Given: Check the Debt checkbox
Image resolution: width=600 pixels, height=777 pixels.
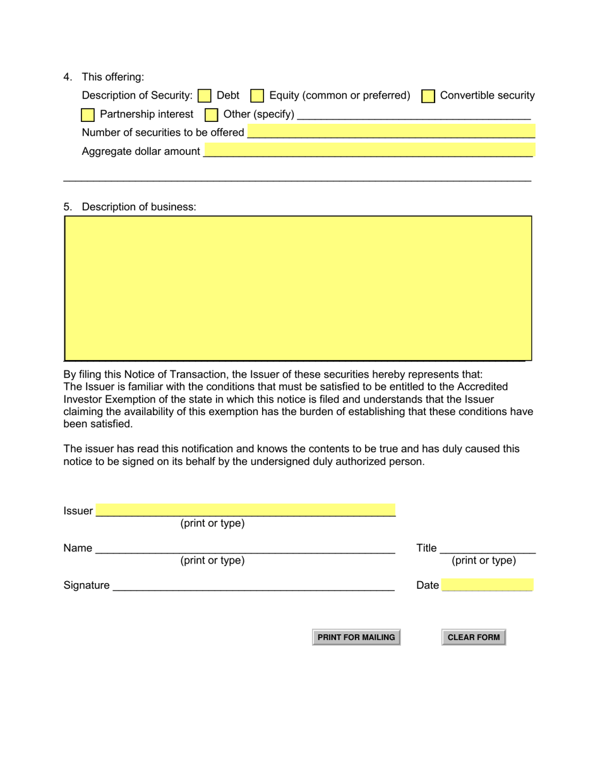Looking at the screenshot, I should pos(205,96).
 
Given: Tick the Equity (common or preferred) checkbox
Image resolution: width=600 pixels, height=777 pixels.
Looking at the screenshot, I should pos(257,96).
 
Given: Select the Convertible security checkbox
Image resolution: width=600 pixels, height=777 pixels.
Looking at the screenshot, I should pos(428,96).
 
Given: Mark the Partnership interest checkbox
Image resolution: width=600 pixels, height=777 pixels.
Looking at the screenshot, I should pos(88,115).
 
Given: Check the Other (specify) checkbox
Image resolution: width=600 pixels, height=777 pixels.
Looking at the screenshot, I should pos(212,115).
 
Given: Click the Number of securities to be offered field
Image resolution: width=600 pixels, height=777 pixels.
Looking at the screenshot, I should pos(391,132).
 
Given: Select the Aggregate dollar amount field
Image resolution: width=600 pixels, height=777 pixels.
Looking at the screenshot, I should pos(369,150).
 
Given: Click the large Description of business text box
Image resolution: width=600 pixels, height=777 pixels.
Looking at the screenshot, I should pos(298,288).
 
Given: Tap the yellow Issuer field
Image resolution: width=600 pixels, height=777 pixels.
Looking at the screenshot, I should pos(246,510).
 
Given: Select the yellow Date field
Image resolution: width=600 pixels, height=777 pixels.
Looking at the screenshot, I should pos(487,585).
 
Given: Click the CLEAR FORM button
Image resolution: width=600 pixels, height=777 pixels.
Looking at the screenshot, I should pos(474,637).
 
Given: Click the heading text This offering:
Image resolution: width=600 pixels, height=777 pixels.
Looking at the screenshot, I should pos(113,77).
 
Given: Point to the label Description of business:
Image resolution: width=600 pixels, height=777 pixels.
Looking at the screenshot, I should pos(139,207).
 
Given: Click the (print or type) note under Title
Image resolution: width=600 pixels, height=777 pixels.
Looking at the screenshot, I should pos(484,560).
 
